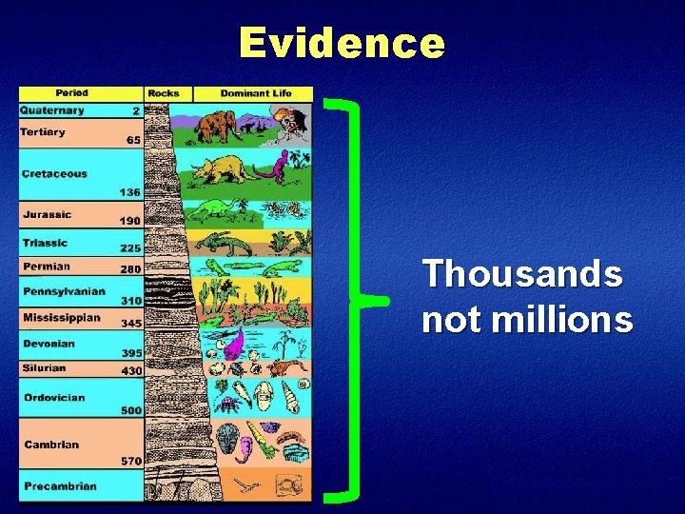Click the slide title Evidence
(342, 43)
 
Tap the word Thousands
(522, 275)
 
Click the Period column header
(72, 93)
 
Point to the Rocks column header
(164, 93)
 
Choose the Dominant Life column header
(253, 93)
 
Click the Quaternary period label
(52, 110)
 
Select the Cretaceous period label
(55, 174)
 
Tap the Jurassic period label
(48, 215)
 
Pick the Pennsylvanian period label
(65, 291)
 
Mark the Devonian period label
(49, 344)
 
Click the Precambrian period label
(60, 486)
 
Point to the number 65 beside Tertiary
(133, 140)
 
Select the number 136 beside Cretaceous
(130, 192)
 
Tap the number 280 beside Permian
(130, 269)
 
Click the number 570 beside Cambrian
(130, 462)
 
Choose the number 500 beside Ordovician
(130, 411)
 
